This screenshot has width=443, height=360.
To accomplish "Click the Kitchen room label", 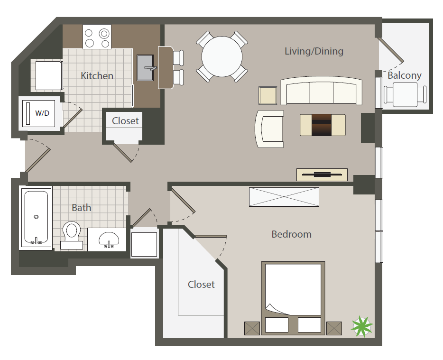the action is pos(97,76).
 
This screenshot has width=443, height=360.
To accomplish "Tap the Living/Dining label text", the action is pos(314,51).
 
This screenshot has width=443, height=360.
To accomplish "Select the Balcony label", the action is pos(404,75).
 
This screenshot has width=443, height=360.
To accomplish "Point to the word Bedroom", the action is pos(291,234).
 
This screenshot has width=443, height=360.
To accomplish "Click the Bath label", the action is pos(82,208).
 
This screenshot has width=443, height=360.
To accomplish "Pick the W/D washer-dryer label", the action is pos(42,113).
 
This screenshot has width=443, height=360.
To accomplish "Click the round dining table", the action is pos(222,56).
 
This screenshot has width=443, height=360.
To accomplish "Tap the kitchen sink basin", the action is pos(145,68).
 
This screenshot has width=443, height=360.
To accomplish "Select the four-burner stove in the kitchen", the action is pos(97,37).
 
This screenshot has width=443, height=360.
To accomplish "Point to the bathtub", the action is pos(36,217).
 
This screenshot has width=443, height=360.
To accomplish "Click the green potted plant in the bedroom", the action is pos(362,326).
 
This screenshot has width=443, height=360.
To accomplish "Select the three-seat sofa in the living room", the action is pos(321,91).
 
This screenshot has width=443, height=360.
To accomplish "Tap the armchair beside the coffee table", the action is pos(269,129).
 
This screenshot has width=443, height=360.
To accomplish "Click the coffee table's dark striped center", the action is pos(322,125).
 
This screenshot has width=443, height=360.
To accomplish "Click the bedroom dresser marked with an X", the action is pos(284,197).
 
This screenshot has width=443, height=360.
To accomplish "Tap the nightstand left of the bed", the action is pos(252,328).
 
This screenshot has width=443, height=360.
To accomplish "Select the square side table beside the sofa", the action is pos(268,95).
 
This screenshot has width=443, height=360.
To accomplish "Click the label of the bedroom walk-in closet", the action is pos(201,285).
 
